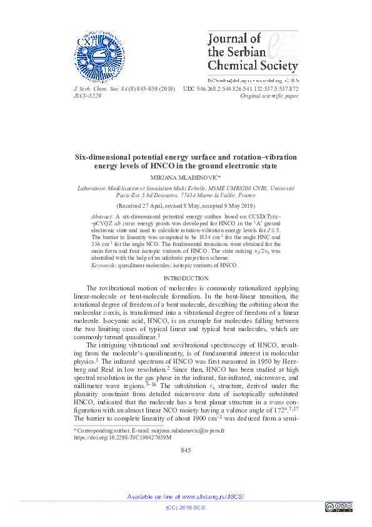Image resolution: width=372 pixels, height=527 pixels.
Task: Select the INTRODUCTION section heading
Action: (186, 278)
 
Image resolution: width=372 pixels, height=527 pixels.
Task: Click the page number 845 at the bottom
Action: (186, 451)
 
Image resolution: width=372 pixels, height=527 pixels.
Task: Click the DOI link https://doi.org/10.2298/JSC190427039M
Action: (123, 437)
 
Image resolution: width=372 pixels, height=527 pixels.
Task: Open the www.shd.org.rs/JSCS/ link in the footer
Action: (213, 496)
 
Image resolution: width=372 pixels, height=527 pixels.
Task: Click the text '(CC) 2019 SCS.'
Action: (186, 508)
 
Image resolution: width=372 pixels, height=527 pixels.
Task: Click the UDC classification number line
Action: (241, 89)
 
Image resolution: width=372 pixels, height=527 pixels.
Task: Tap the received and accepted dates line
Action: (186, 205)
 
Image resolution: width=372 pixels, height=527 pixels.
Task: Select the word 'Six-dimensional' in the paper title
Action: (106, 157)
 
